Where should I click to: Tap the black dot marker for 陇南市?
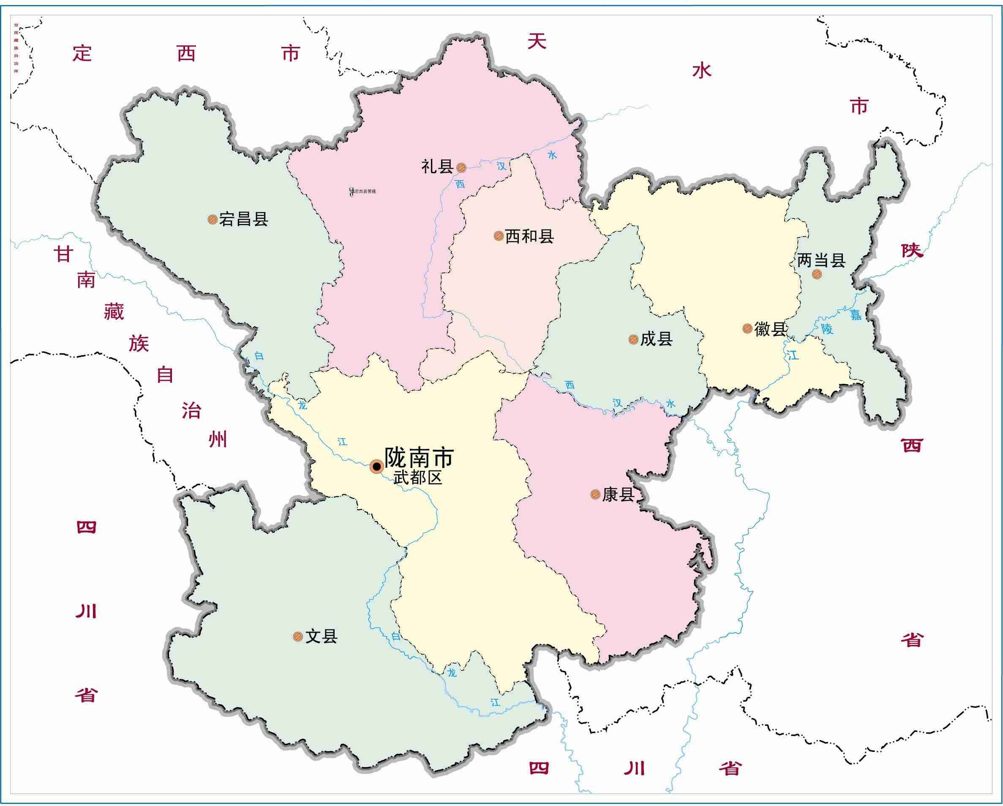pos(376,466)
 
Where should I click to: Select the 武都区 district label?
pos(417,478)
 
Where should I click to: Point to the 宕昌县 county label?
pos(244,219)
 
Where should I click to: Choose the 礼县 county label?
pos(437,167)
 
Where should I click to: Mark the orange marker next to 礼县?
pos(461,167)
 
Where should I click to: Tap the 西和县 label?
pos(529,237)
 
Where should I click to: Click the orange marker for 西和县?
pos(498,236)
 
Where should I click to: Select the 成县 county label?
pos(657,339)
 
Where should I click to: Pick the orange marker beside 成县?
pos(633,339)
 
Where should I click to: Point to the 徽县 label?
pos(770,329)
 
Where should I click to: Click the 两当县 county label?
pos(821,261)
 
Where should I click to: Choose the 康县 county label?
pos(618,495)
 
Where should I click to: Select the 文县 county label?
pos(321,637)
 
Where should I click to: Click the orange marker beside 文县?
pos(298,637)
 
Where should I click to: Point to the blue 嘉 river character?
pos(856,316)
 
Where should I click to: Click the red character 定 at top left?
pos(82,54)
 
